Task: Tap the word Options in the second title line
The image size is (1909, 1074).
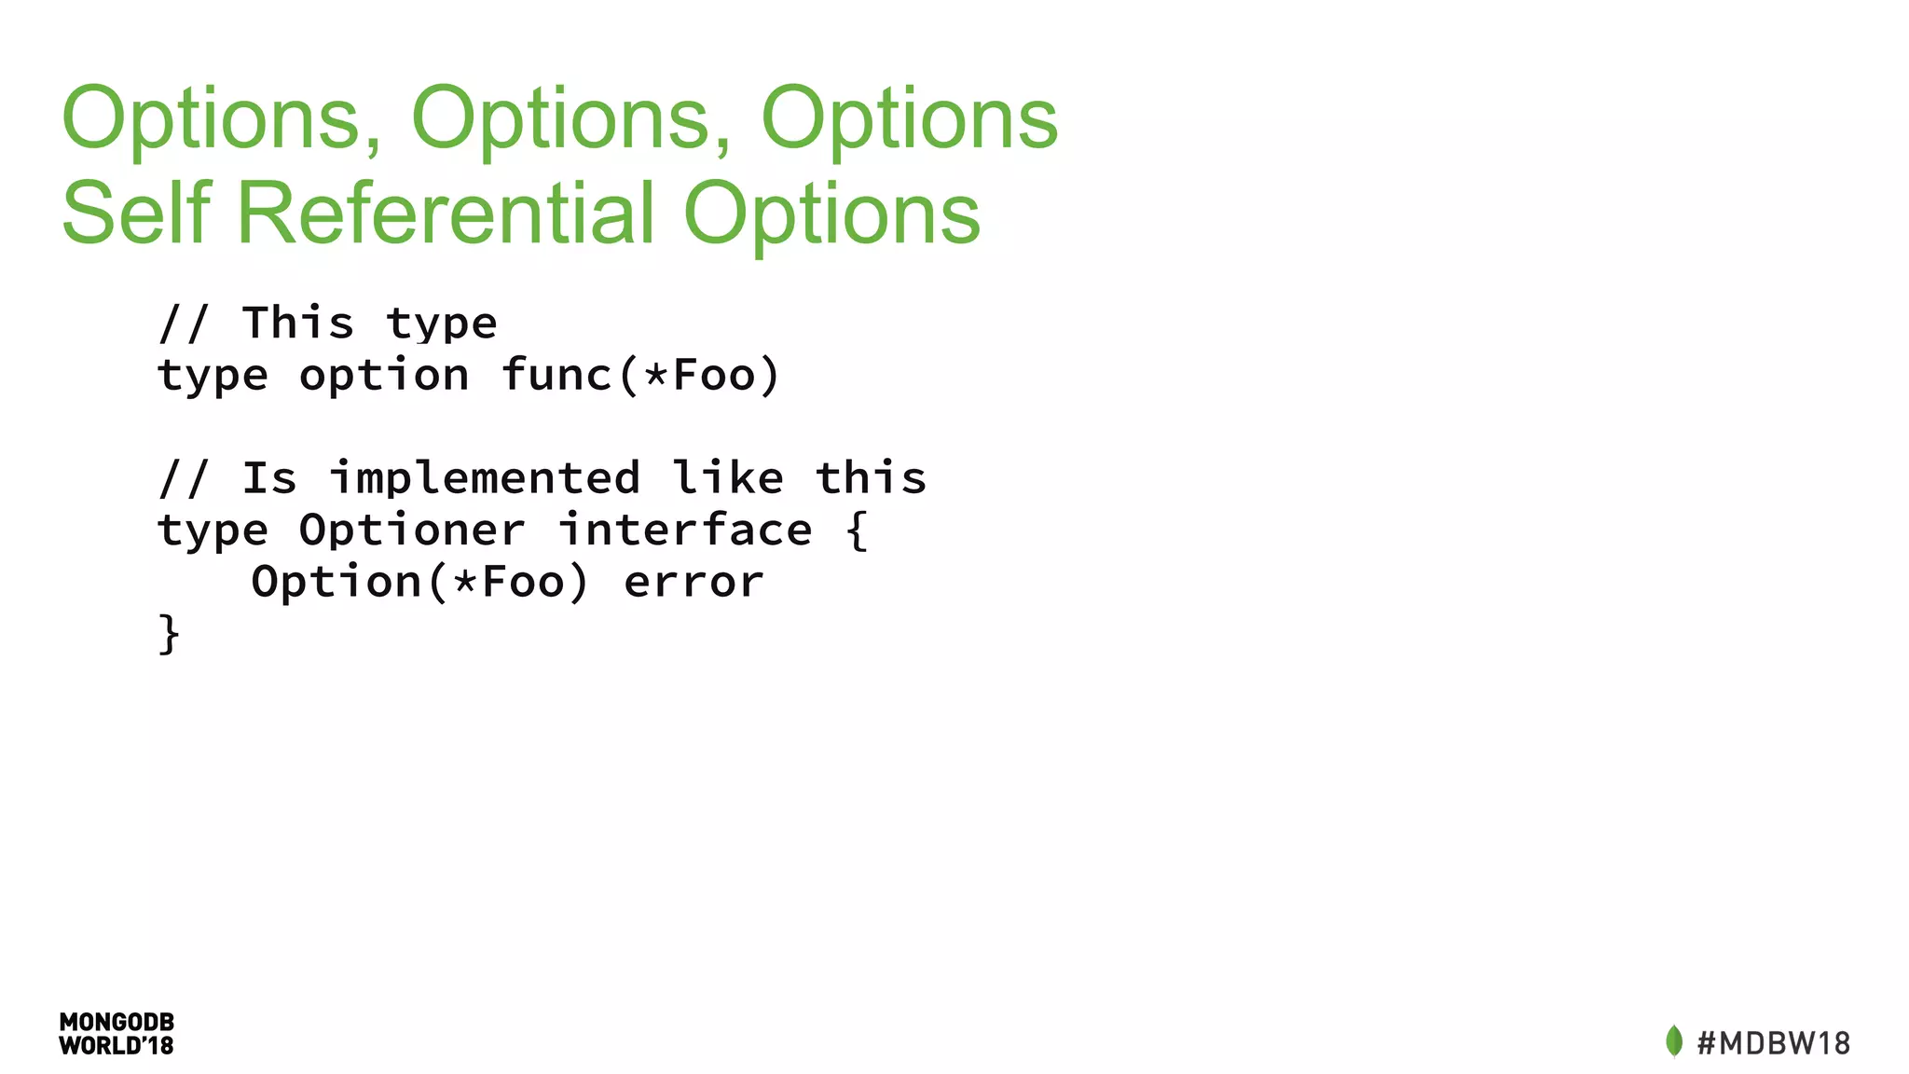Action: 831,214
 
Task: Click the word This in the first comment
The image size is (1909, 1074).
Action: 298,324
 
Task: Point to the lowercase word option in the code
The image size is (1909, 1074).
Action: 384,376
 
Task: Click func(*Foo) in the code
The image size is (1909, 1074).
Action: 640,376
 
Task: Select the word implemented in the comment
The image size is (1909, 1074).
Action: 485,478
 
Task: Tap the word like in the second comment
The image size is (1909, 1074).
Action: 728,478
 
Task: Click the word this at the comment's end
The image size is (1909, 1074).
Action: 871,478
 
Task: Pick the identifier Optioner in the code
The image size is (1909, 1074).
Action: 412,530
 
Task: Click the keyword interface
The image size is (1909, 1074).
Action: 685,530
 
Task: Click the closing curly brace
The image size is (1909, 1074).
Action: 169,634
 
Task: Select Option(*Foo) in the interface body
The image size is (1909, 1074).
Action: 420,583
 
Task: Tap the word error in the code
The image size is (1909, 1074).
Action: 694,583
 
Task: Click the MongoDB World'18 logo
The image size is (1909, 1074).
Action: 117,1034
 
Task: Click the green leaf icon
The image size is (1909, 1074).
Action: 1674,1040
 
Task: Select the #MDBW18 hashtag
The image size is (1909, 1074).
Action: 1773,1042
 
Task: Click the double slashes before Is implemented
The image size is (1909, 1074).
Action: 184,478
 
